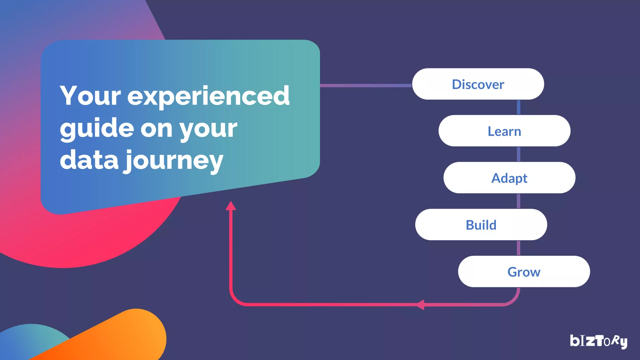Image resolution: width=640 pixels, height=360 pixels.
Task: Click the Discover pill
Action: coord(478,84)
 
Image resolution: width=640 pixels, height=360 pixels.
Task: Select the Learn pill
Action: coord(504,131)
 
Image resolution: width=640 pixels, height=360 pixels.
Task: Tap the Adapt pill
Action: coord(509,178)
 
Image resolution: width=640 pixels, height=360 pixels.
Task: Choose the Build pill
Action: coord(481,224)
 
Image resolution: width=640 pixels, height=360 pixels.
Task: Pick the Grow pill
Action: coord(524,271)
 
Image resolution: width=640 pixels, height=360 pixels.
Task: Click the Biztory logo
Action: coord(599,341)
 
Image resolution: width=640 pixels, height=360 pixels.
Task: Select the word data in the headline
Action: coord(89,159)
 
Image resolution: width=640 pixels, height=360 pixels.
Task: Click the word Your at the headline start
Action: coord(90,95)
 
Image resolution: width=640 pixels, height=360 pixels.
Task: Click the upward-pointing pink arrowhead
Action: coord(231,206)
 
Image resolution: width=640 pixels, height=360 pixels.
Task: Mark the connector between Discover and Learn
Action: coord(518,107)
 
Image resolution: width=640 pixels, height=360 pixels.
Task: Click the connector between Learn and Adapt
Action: coord(518,154)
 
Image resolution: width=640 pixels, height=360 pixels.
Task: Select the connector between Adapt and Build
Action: coord(518,201)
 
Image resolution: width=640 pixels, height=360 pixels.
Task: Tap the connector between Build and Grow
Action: coord(518,248)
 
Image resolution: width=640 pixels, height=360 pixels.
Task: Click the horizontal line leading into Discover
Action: coord(366,86)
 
